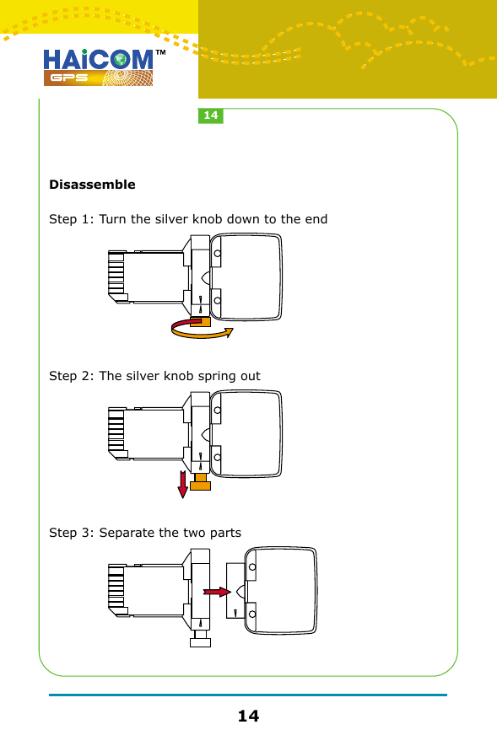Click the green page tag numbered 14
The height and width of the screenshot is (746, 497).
211,115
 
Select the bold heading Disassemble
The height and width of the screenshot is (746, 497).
92,185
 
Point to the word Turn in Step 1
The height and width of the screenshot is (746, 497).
114,220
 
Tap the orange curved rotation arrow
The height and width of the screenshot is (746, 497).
202,333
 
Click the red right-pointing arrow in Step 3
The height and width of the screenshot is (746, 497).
217,593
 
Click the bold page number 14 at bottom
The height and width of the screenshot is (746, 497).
248,716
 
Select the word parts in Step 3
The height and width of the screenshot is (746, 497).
224,534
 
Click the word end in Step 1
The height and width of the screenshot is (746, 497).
316,220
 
